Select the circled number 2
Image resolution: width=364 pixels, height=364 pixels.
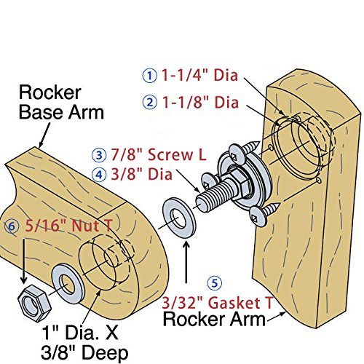(x=149, y=102)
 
